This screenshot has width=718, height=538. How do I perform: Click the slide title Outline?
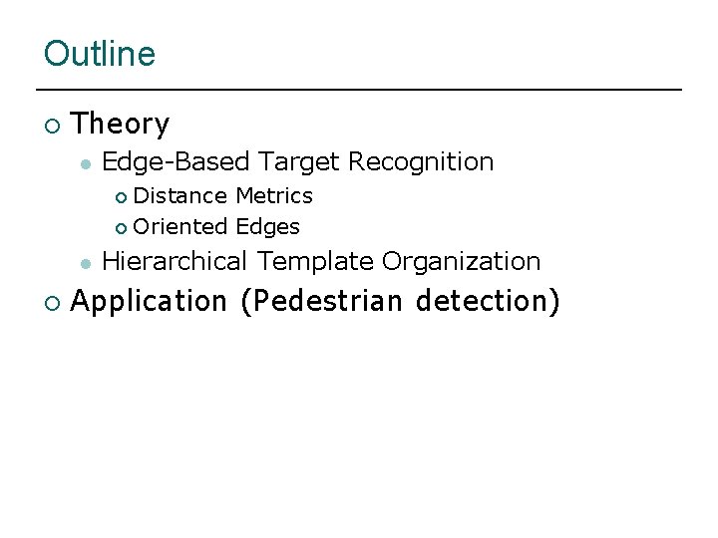tap(100, 53)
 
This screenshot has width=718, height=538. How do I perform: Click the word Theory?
tap(121, 125)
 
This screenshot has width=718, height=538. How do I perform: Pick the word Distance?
tap(180, 195)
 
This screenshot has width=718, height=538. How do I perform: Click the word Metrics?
tap(274, 195)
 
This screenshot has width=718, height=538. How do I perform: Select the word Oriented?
tap(180, 227)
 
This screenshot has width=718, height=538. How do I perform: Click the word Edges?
tap(267, 227)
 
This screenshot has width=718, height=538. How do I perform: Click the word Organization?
tap(462, 261)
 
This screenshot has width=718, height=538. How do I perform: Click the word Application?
tap(150, 301)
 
